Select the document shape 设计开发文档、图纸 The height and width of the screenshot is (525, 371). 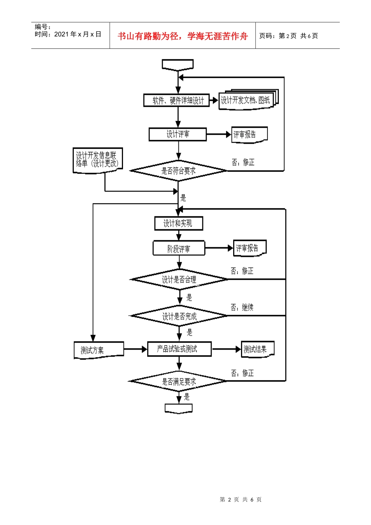[x=246, y=100]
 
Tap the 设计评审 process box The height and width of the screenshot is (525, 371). [x=178, y=134]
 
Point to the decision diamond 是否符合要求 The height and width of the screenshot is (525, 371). [x=178, y=171]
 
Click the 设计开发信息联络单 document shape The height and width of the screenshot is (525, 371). [x=98, y=160]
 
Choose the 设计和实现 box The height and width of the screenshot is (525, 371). [x=178, y=223]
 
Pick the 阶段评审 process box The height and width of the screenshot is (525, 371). [x=178, y=248]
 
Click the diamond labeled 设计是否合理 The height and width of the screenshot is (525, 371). [x=179, y=279]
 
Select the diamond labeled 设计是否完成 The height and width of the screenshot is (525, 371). [x=179, y=316]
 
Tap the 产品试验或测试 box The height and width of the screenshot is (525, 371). [x=179, y=349]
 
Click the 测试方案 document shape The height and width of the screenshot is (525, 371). [x=99, y=350]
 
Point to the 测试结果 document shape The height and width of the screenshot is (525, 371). [x=257, y=349]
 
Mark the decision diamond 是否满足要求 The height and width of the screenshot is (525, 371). [x=178, y=381]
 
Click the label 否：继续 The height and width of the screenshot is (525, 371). [x=242, y=307]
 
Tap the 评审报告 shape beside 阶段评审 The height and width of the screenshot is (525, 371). [x=250, y=248]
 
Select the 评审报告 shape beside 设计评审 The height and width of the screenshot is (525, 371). [x=249, y=135]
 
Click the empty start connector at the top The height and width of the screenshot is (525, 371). [x=178, y=65]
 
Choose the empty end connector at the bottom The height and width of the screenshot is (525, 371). [x=178, y=409]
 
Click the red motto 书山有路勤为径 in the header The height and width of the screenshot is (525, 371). [x=183, y=36]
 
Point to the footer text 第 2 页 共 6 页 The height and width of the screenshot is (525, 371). [x=241, y=499]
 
